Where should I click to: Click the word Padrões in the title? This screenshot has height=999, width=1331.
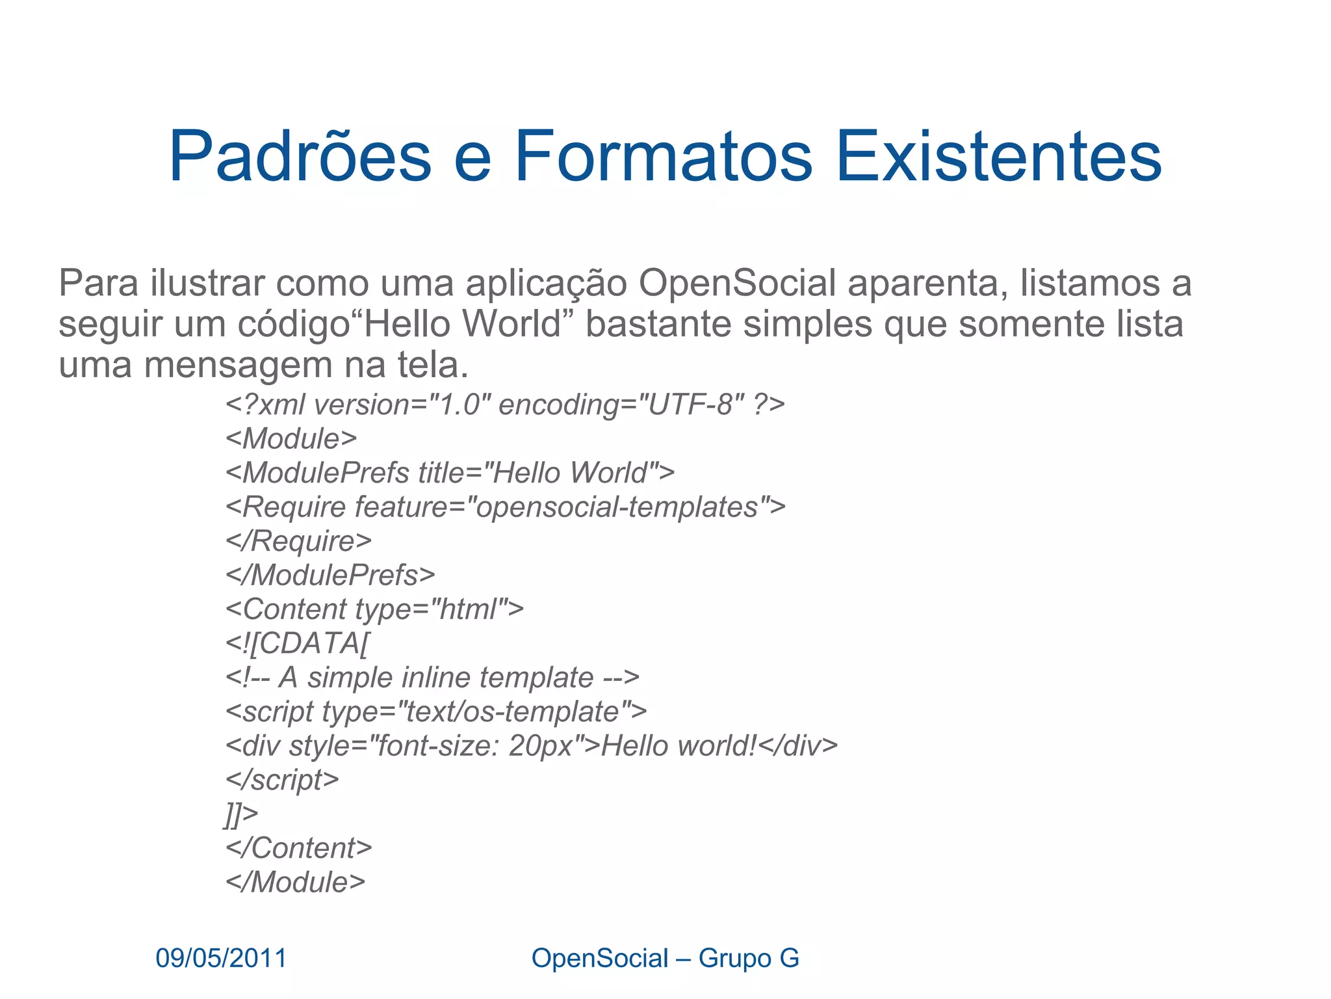click(300, 157)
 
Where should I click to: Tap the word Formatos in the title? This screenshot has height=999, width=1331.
click(664, 157)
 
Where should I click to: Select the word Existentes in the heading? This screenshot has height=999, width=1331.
click(998, 157)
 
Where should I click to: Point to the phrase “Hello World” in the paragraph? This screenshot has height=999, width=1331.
click(462, 324)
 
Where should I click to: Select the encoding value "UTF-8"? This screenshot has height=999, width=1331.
click(691, 405)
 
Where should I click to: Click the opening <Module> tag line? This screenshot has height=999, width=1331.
click(291, 439)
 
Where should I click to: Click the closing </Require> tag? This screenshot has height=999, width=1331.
click(298, 541)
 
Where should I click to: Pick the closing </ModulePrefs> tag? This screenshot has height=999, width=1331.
click(330, 575)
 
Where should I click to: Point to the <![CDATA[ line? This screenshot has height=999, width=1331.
click(298, 643)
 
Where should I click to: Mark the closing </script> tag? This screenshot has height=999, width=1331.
click(282, 780)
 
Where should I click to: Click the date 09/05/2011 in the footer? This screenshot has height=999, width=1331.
click(221, 958)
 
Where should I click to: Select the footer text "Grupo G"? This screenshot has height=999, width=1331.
click(749, 958)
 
